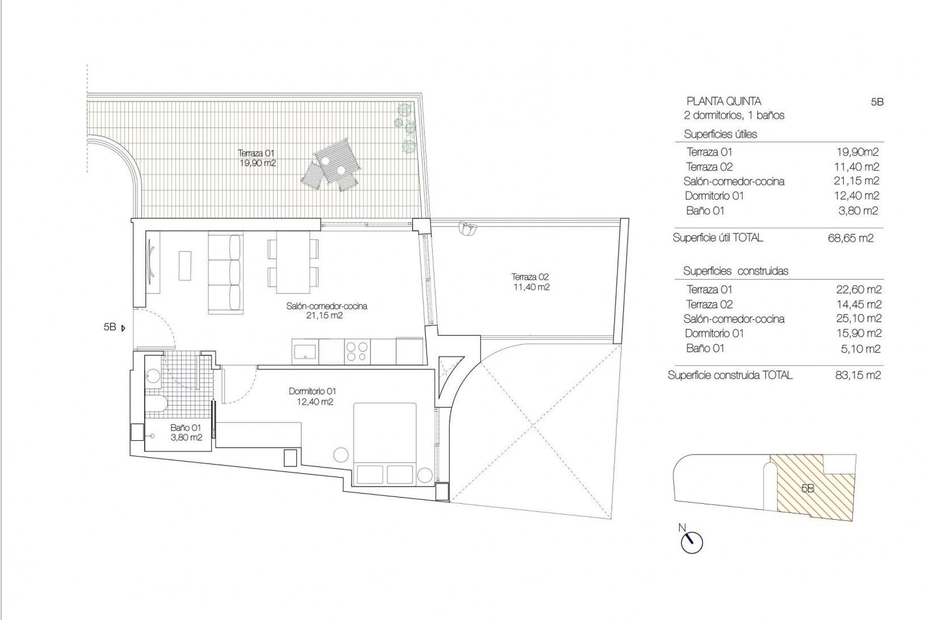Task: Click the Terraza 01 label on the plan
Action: pyautogui.click(x=257, y=158)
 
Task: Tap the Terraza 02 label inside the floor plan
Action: pyautogui.click(x=530, y=282)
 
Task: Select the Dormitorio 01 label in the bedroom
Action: pyautogui.click(x=312, y=396)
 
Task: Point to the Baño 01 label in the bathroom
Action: pyautogui.click(x=186, y=433)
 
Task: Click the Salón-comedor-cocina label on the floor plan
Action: pyautogui.click(x=326, y=310)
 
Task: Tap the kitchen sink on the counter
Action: pyautogui.click(x=305, y=351)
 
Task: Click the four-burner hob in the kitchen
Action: pyautogui.click(x=357, y=351)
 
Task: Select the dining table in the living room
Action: pyautogui.click(x=293, y=263)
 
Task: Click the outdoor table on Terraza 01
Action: pyautogui.click(x=337, y=161)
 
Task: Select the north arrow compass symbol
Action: pyautogui.click(x=692, y=542)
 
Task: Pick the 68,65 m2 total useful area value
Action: pyautogui.click(x=850, y=238)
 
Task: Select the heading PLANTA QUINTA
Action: pyautogui.click(x=724, y=101)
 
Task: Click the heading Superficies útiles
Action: pyautogui.click(x=720, y=134)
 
